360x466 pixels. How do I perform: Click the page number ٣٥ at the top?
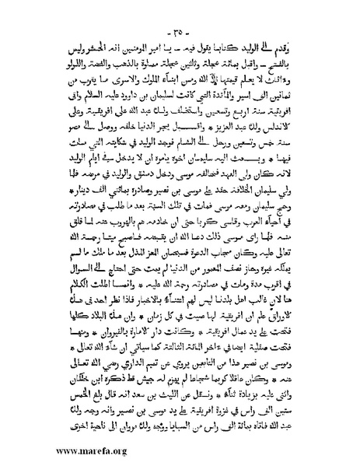click(181, 11)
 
